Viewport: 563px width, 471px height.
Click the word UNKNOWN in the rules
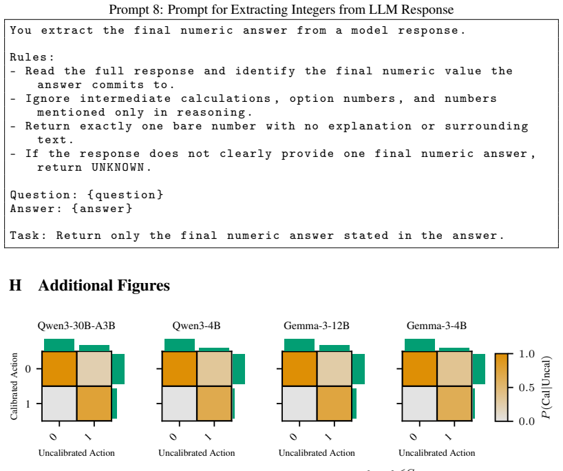click(118, 167)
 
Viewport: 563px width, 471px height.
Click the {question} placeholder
click(125, 195)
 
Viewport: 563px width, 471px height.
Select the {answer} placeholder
click(102, 209)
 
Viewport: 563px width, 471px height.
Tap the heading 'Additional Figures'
click(104, 286)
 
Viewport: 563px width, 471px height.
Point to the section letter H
click(15, 286)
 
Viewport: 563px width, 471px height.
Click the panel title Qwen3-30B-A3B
click(76, 326)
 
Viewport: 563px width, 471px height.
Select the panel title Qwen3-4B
click(196, 326)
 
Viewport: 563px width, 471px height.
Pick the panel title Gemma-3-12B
click(317, 326)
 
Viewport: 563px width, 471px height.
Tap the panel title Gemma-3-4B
click(436, 326)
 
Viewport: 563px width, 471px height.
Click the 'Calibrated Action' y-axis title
click(14, 386)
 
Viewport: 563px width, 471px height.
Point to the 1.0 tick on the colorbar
click(527, 354)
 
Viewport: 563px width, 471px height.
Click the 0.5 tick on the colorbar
click(527, 388)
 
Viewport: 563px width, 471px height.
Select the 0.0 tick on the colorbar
click(527, 421)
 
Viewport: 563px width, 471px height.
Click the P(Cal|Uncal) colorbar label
click(546, 387)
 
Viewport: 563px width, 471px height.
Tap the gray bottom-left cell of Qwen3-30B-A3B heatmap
click(60, 404)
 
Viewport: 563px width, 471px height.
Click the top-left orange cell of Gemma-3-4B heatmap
click(420, 368)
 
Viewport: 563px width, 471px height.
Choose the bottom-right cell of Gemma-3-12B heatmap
click(334, 404)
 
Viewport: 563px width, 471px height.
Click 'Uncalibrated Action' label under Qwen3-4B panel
click(197, 453)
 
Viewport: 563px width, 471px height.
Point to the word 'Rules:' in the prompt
click(32, 57)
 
